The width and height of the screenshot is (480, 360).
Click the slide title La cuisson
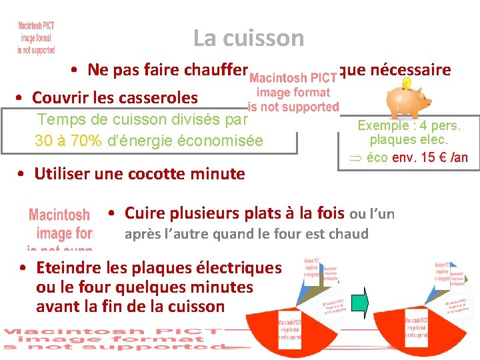(x=248, y=38)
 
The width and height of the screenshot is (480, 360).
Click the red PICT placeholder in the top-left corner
(x=37, y=37)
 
